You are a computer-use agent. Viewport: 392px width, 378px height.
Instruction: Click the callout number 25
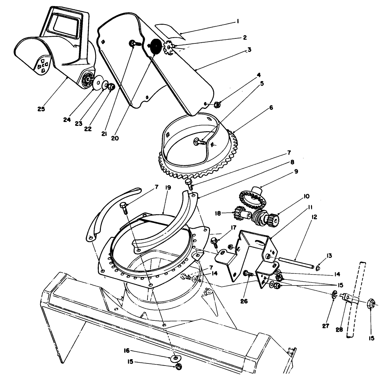(x=41, y=109)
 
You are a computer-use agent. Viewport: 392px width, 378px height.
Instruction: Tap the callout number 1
(x=237, y=21)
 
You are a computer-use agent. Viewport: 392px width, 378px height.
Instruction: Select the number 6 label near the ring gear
(x=271, y=107)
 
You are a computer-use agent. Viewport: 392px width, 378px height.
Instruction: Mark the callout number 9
(x=296, y=171)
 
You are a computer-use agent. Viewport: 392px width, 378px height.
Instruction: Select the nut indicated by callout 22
(x=111, y=86)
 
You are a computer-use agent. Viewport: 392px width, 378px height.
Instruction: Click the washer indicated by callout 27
(x=334, y=294)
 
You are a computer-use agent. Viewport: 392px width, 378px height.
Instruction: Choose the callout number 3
(x=249, y=50)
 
